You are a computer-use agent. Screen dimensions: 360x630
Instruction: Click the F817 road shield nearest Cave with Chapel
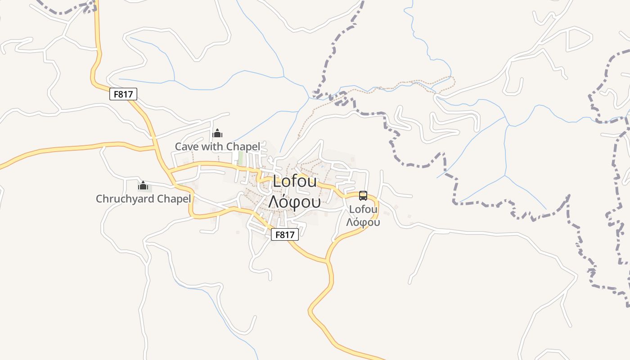click(x=123, y=94)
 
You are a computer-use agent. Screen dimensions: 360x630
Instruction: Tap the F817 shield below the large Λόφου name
click(x=285, y=234)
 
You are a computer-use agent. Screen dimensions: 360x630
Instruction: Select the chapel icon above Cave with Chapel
click(x=218, y=133)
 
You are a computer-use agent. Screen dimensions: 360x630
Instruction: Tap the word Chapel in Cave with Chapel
click(x=243, y=147)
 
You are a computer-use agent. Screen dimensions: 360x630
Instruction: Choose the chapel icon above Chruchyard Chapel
click(x=143, y=185)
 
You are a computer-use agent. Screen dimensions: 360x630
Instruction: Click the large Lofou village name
click(x=295, y=182)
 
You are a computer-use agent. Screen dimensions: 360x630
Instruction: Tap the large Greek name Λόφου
click(x=294, y=202)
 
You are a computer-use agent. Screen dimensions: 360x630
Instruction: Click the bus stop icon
click(x=363, y=196)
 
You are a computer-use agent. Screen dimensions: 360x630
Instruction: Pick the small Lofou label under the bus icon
click(x=363, y=209)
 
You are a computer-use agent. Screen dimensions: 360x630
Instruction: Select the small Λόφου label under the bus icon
click(x=363, y=222)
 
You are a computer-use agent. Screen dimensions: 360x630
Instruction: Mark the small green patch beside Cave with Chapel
click(x=240, y=157)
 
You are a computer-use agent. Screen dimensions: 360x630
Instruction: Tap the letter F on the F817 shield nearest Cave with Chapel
click(x=117, y=94)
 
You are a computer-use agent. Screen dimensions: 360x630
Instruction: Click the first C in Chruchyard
click(x=99, y=199)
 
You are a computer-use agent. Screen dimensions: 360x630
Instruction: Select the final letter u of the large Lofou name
click(x=313, y=183)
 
